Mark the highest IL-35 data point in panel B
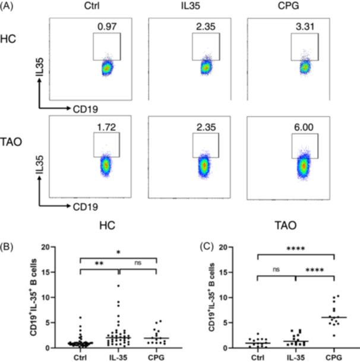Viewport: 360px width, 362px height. click(x=118, y=286)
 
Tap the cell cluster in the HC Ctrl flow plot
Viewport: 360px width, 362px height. click(x=107, y=68)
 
